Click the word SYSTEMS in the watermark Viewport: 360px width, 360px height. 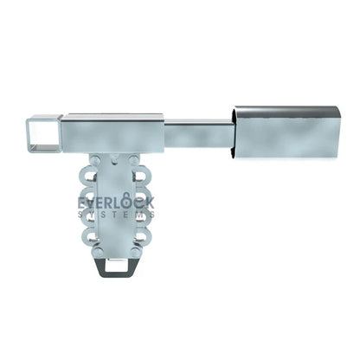[x=116, y=215]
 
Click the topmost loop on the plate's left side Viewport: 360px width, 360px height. [x=92, y=164]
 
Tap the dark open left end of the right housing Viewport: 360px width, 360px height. [x=236, y=135]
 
